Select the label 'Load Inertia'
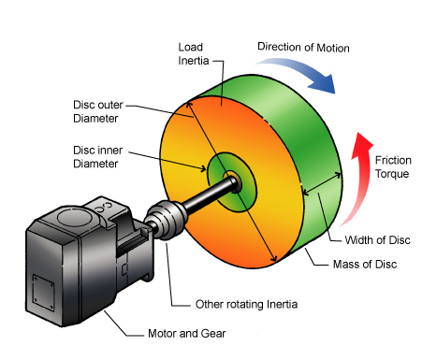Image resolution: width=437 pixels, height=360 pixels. (x=194, y=54)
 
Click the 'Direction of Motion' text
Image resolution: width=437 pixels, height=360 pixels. (x=303, y=48)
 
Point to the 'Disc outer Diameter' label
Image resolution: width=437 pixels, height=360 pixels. (x=98, y=111)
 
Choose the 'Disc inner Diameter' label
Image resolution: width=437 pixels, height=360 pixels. (x=97, y=157)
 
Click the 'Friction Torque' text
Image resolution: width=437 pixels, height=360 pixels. (x=393, y=166)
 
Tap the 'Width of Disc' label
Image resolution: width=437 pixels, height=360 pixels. (x=377, y=240)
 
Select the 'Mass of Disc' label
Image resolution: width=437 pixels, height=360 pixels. (x=365, y=265)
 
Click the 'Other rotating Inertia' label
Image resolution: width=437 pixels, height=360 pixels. (x=246, y=304)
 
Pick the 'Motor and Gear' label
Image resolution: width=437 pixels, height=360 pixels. (x=186, y=334)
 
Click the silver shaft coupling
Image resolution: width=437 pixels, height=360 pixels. (x=167, y=220)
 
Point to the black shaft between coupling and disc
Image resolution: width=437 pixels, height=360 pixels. (x=209, y=195)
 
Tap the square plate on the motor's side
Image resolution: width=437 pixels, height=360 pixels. (x=43, y=293)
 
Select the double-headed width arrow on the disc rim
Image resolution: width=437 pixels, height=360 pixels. (x=322, y=183)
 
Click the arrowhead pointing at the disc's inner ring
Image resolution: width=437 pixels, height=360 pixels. (x=203, y=169)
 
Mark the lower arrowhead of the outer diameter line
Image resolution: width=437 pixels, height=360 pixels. (x=273, y=258)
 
